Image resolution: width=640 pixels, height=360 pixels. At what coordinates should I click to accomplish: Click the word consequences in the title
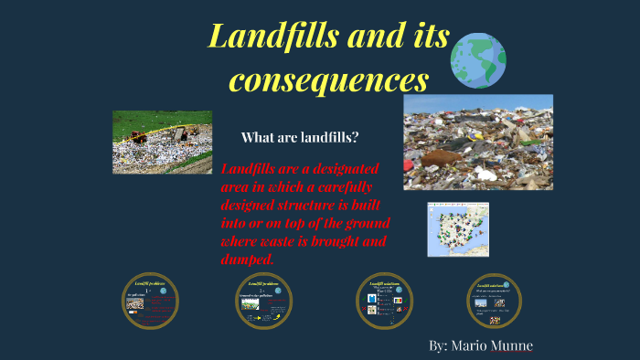tap(328, 79)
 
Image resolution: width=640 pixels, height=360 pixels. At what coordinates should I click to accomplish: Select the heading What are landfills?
tap(300, 138)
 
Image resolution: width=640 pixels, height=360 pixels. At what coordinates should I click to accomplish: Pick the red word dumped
tap(246, 260)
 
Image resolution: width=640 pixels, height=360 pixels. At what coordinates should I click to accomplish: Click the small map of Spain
tap(457, 228)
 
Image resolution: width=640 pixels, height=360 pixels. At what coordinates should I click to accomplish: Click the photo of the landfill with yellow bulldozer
tap(162, 142)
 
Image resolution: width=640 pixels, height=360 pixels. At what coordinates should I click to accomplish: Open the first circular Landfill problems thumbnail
tap(151, 301)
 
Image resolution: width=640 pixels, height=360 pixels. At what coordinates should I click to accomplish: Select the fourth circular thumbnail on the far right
tap(494, 301)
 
